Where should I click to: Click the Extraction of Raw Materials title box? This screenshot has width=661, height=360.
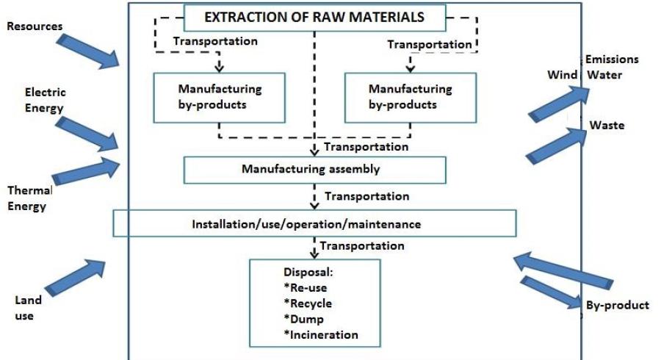click(314, 16)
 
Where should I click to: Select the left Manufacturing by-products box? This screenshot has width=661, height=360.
click(220, 96)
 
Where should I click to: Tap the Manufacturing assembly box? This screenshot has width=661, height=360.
click(314, 170)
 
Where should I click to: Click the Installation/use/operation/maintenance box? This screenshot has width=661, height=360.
click(314, 223)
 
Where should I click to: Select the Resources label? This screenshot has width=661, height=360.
click(35, 26)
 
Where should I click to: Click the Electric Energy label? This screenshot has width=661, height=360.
click(45, 101)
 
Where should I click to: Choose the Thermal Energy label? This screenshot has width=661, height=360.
click(29, 198)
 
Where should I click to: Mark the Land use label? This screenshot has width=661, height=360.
click(28, 308)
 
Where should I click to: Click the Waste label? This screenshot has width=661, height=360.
click(607, 126)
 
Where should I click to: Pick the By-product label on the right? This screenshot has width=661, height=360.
click(617, 305)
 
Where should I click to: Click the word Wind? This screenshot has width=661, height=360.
click(563, 75)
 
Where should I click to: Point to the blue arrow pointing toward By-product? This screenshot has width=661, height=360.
click(549, 289)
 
